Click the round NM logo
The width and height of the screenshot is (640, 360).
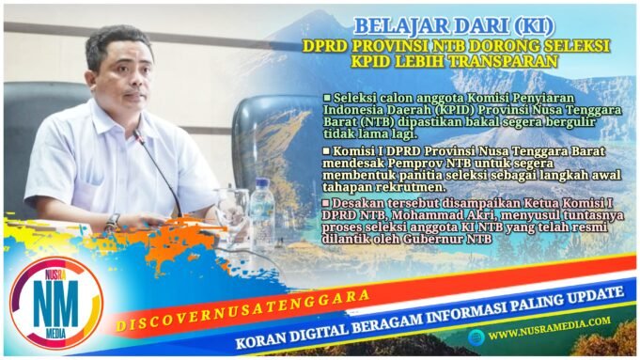tap(54, 304)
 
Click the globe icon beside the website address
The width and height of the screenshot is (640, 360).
tap(478, 333)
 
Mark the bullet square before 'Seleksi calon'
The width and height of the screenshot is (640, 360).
tap(326, 98)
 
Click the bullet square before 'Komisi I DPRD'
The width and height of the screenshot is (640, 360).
tap(326, 149)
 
